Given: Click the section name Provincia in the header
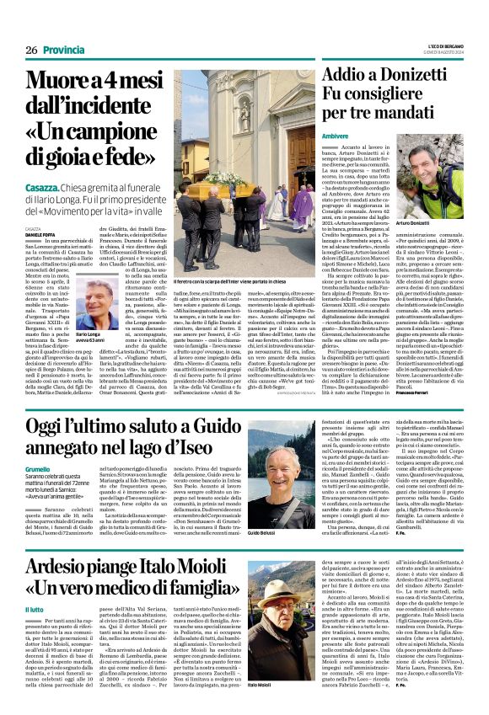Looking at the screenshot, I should [x=63, y=50].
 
